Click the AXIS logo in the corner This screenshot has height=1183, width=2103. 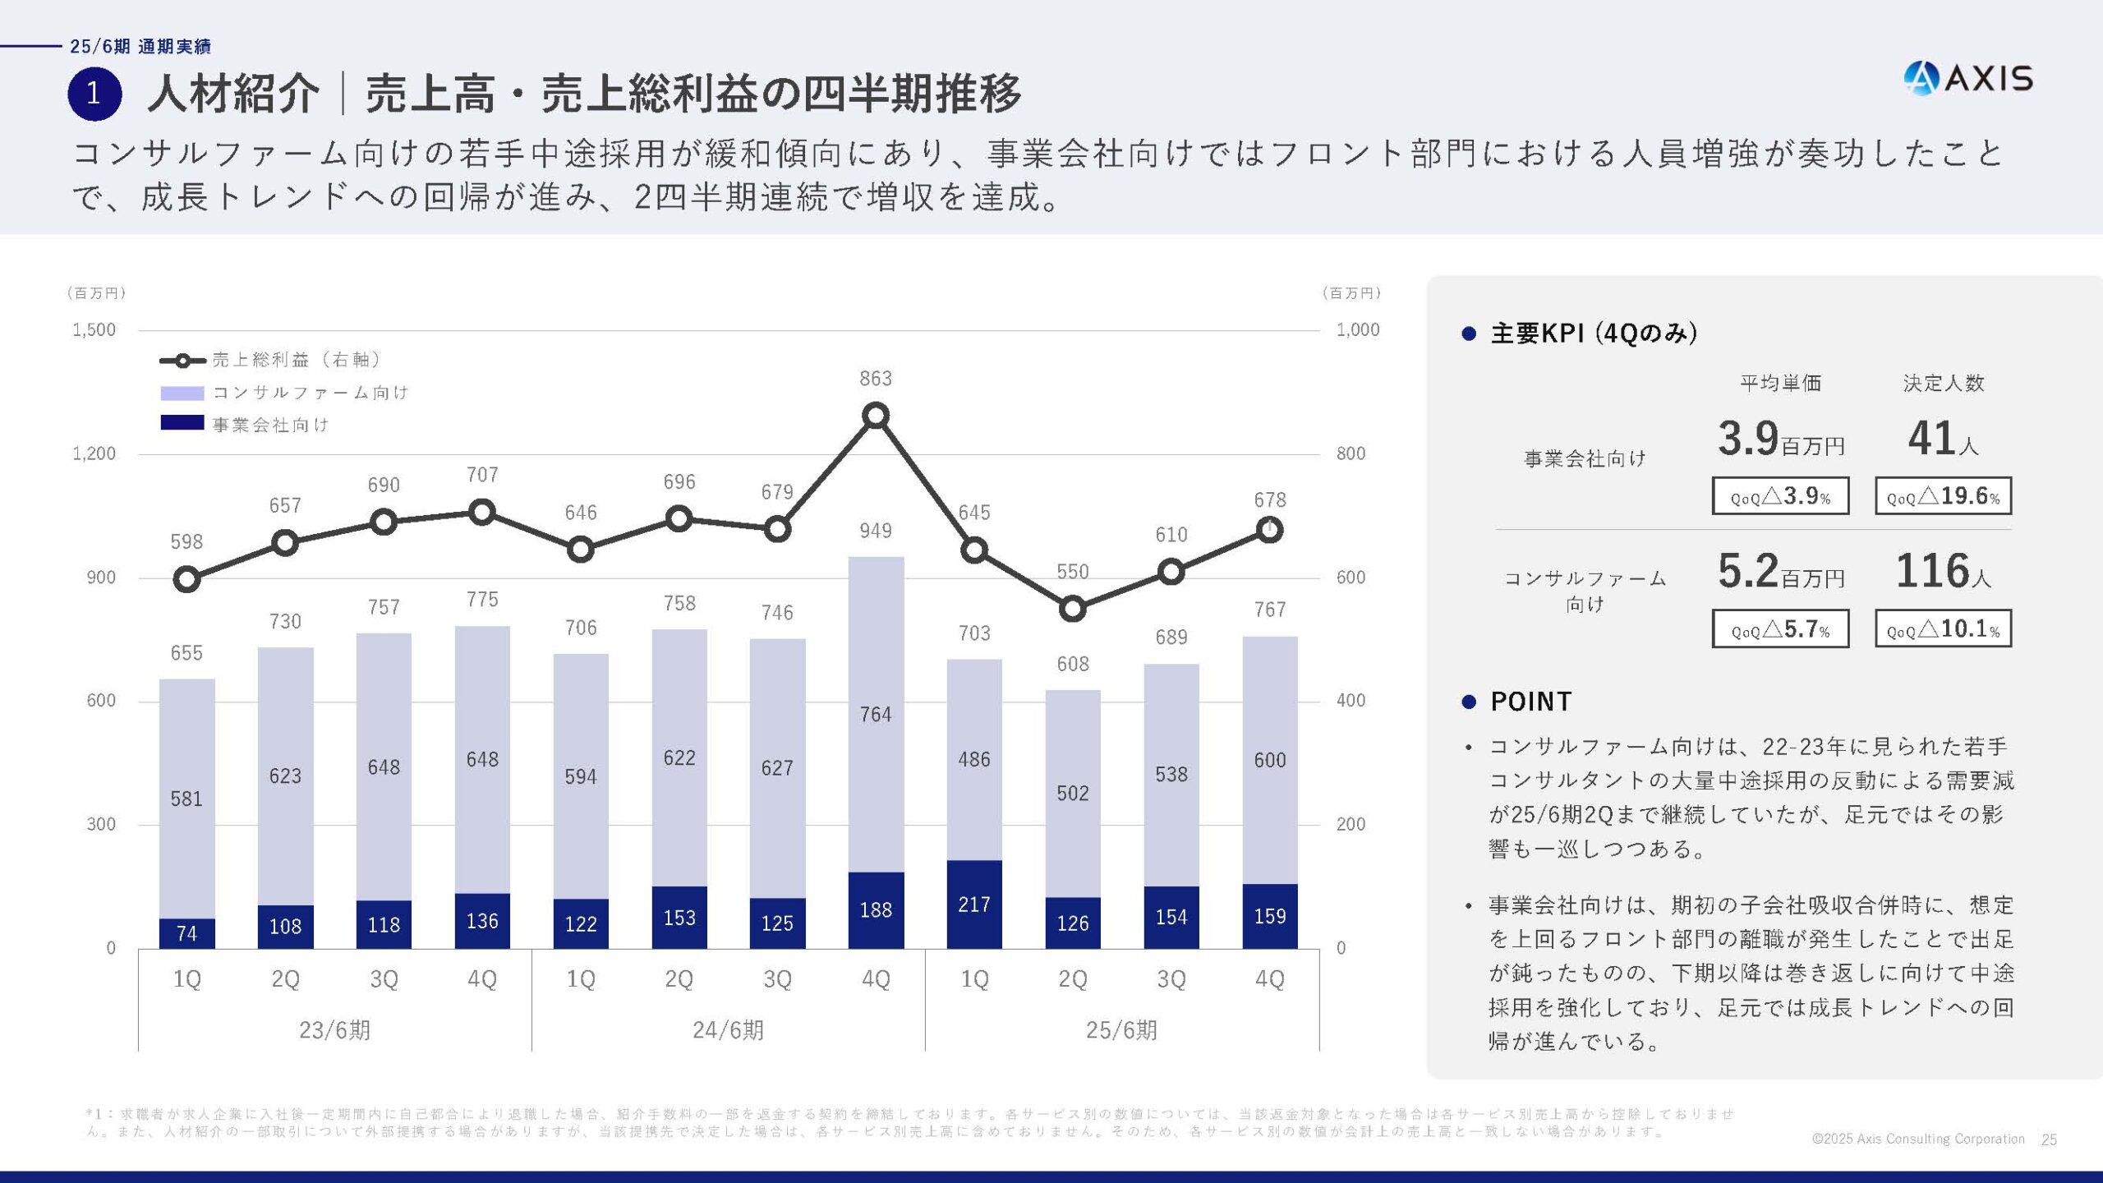[x=1967, y=79]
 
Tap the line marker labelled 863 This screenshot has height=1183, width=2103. [x=876, y=416]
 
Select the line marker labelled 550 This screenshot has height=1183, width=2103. [x=1072, y=609]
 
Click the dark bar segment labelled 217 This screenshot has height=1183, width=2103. [x=974, y=905]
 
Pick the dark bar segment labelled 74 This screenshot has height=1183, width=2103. [x=186, y=933]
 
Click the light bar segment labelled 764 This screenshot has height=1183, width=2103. [x=876, y=715]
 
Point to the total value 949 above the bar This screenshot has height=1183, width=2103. [x=876, y=531]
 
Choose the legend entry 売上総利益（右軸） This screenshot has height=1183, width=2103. [x=271, y=360]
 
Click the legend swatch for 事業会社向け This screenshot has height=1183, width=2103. [x=182, y=423]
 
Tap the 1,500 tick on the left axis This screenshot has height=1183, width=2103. [x=94, y=330]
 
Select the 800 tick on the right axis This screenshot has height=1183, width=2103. [x=1351, y=453]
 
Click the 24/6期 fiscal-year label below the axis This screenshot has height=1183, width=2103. [x=728, y=1030]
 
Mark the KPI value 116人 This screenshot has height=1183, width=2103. [x=1942, y=571]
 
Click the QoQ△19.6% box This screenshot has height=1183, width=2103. [x=1943, y=496]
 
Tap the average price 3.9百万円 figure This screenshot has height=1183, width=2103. [x=1780, y=439]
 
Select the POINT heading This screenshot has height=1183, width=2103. [x=1530, y=702]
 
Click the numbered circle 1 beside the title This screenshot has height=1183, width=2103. [x=94, y=94]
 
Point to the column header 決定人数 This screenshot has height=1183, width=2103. [x=1943, y=383]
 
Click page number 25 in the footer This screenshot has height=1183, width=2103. [x=2049, y=1139]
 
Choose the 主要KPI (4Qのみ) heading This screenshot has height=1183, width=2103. [x=1593, y=334]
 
